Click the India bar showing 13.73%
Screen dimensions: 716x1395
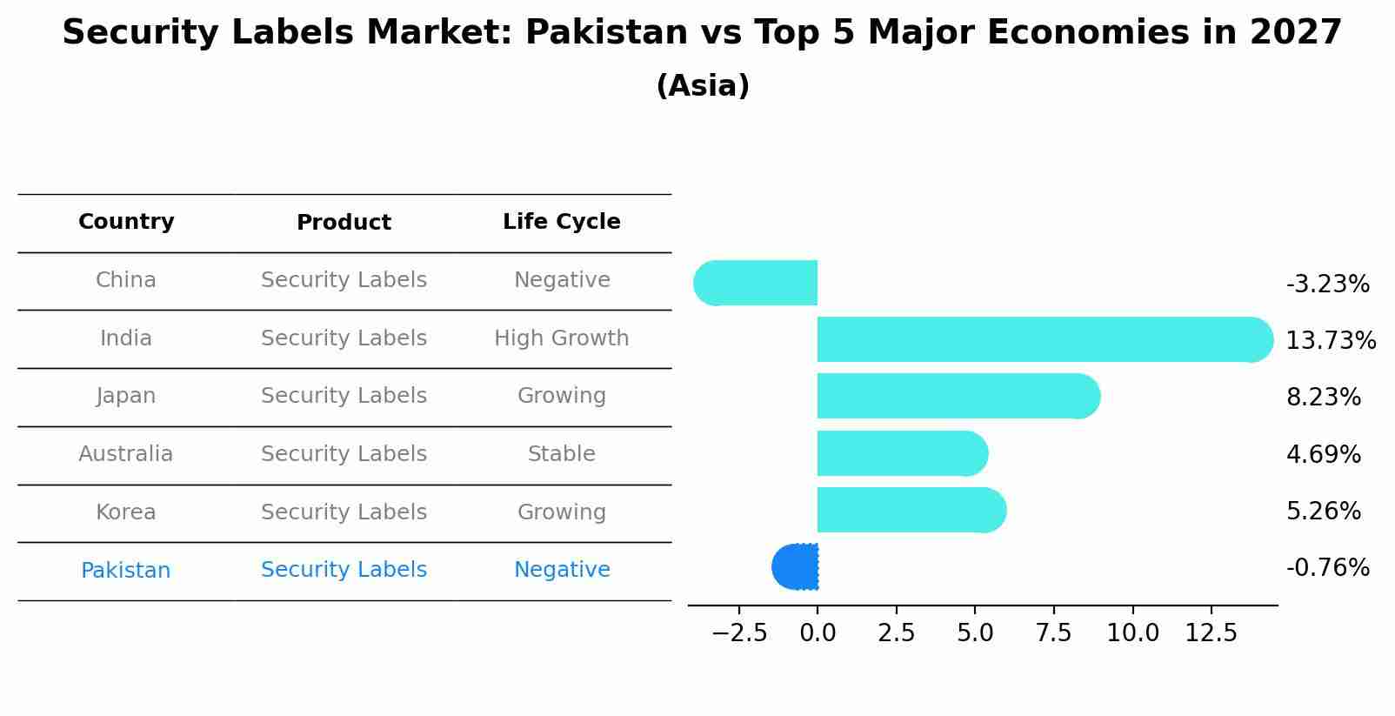click(1044, 339)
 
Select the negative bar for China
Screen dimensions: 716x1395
click(757, 283)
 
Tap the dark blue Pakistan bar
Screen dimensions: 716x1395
click(796, 566)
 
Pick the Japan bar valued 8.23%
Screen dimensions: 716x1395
click(957, 396)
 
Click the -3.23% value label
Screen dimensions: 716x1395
click(1327, 284)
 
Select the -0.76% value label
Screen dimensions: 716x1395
click(1327, 568)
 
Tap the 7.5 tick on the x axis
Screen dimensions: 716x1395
click(1053, 633)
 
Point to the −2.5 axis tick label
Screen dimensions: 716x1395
click(739, 633)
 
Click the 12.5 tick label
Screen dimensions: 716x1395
click(1211, 633)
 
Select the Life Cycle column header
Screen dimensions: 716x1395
click(561, 222)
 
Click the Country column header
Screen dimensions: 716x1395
click(126, 222)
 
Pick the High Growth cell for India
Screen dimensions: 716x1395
click(561, 338)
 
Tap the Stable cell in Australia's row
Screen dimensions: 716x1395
click(561, 454)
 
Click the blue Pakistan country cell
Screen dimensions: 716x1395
click(126, 571)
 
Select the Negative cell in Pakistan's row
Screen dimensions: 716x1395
click(561, 570)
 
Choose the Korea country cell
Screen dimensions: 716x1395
click(126, 512)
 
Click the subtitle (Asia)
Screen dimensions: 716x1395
click(702, 86)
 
